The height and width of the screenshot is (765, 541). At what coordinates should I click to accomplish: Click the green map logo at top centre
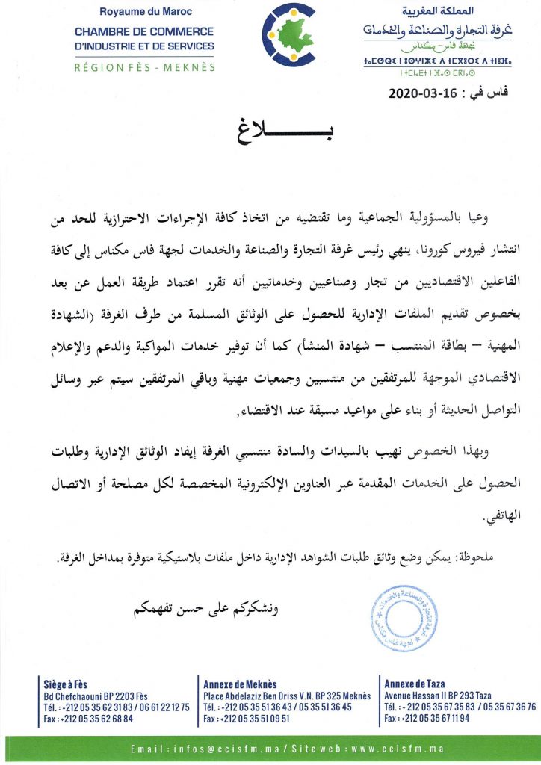point(291,36)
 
